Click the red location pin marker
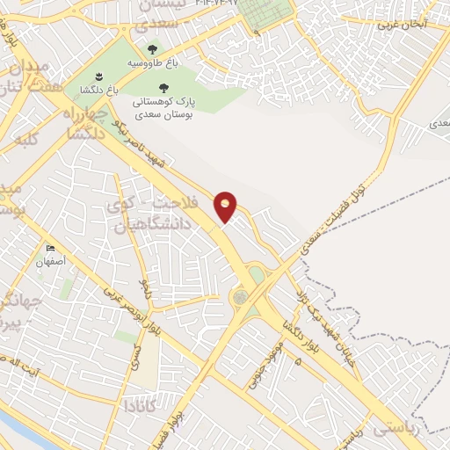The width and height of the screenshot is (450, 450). pyautogui.click(x=226, y=206)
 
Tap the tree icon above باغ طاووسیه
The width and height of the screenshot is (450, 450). pyautogui.click(x=152, y=51)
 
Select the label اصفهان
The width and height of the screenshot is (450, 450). pyautogui.click(x=51, y=262)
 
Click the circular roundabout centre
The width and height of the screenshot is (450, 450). pyautogui.click(x=239, y=297)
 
